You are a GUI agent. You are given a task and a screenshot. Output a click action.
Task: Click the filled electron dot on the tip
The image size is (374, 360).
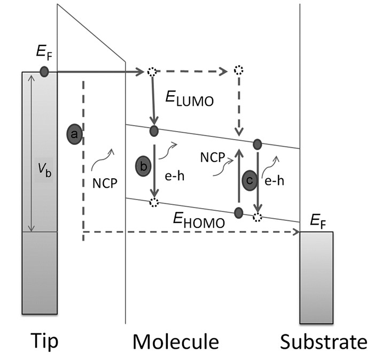[44, 71]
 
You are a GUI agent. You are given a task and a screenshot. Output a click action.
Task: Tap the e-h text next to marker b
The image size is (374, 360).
[174, 174]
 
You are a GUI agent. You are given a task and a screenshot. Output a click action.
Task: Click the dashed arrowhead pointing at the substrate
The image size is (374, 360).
[295, 232]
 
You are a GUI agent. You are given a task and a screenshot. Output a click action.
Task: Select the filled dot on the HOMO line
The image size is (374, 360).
[238, 213]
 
